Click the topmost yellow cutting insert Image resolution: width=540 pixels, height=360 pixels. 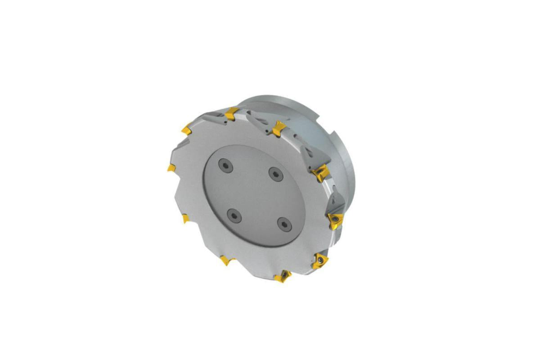[231, 114]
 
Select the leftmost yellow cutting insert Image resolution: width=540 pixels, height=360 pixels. [171, 168]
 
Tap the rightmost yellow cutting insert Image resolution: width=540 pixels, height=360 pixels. [335, 220]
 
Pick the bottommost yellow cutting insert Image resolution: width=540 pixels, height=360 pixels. [283, 276]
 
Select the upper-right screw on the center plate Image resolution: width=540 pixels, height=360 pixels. [274, 172]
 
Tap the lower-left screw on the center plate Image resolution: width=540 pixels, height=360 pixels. [234, 215]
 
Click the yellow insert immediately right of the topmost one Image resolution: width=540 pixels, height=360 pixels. [279, 128]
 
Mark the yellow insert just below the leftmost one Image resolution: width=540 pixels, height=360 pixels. [185, 219]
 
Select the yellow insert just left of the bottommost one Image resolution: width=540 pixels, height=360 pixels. [225, 260]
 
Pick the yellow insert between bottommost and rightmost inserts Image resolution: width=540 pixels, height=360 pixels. [320, 260]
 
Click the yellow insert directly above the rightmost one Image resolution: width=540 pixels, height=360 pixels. [321, 172]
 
